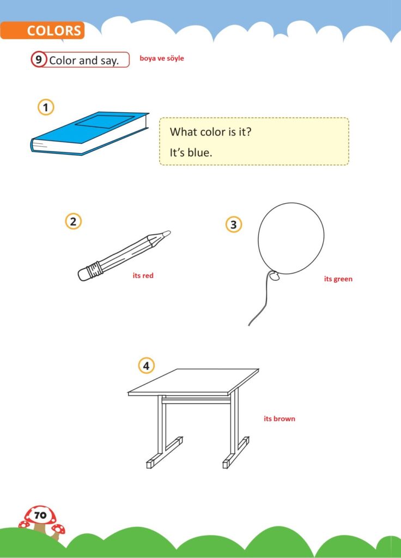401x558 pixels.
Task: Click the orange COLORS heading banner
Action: pyautogui.click(x=42, y=31)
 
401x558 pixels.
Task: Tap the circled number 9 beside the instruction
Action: pyautogui.click(x=39, y=59)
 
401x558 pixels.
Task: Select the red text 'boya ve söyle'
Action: pyautogui.click(x=162, y=58)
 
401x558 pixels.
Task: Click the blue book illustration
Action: pyautogui.click(x=90, y=134)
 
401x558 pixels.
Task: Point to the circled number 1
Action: pyautogui.click(x=46, y=107)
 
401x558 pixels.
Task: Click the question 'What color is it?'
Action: pyautogui.click(x=211, y=132)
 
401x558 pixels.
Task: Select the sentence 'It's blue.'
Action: pyautogui.click(x=191, y=153)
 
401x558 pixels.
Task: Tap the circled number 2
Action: pyautogui.click(x=74, y=221)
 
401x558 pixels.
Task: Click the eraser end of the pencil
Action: pyautogui.click(x=83, y=274)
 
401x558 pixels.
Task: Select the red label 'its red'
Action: pyautogui.click(x=143, y=275)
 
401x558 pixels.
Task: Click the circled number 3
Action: pyautogui.click(x=234, y=225)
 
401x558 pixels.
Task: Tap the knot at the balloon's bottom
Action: pyautogui.click(x=274, y=276)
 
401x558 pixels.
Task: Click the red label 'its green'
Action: pyautogui.click(x=338, y=279)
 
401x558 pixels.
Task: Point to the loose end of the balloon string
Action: pyautogui.click(x=248, y=325)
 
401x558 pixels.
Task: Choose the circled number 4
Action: pyautogui.click(x=146, y=366)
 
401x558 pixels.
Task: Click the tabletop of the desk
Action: pyautogui.click(x=193, y=381)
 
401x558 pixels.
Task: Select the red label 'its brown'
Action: pyautogui.click(x=280, y=419)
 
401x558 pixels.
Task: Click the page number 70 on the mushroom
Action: pyautogui.click(x=40, y=515)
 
